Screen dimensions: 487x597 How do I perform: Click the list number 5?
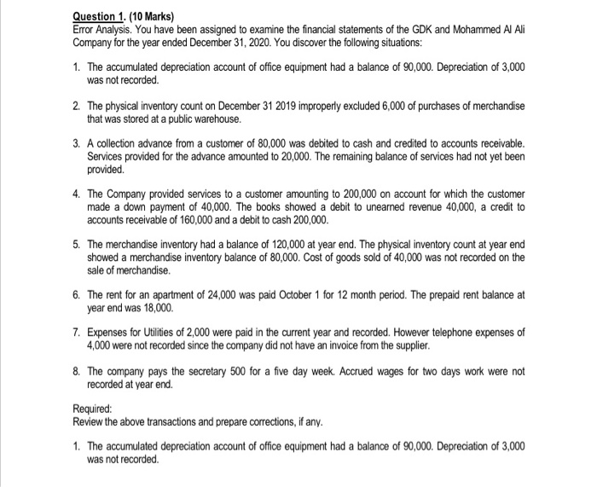(x=77, y=243)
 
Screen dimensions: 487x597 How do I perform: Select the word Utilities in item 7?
(x=165, y=331)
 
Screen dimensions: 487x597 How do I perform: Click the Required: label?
(x=94, y=407)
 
